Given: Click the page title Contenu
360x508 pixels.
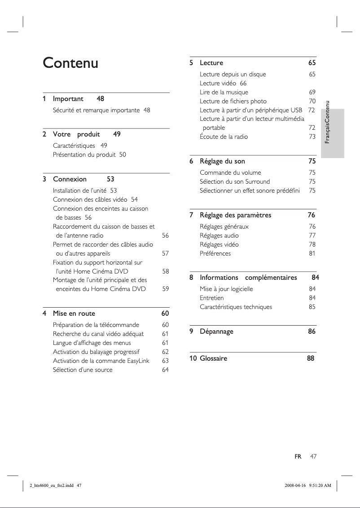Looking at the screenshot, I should coord(70,63).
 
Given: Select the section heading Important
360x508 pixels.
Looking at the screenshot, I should coord(68,98).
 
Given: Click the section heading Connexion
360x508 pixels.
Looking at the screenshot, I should coord(70,179).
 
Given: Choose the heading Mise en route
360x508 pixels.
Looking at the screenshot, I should coord(74,313).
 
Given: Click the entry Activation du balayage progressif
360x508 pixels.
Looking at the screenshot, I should coord(96,352).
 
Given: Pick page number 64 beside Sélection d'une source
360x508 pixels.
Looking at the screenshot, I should coord(165,370).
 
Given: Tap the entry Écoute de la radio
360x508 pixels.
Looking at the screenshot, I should coord(224,137).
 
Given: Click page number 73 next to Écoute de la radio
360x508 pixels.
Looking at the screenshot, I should coord(312,137).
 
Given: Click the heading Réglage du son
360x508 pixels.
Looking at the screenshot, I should coord(222,161).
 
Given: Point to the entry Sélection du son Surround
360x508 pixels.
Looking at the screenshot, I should coord(235,181).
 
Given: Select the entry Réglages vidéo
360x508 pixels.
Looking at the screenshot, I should coord(219,244).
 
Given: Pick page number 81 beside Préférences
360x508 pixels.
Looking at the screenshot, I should coord(312,253).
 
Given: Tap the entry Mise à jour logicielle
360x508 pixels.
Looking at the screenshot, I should coord(226,289).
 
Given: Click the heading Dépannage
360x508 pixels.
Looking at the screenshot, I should coord(216,331).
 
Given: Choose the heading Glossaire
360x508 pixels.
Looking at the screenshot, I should coord(213,358).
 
